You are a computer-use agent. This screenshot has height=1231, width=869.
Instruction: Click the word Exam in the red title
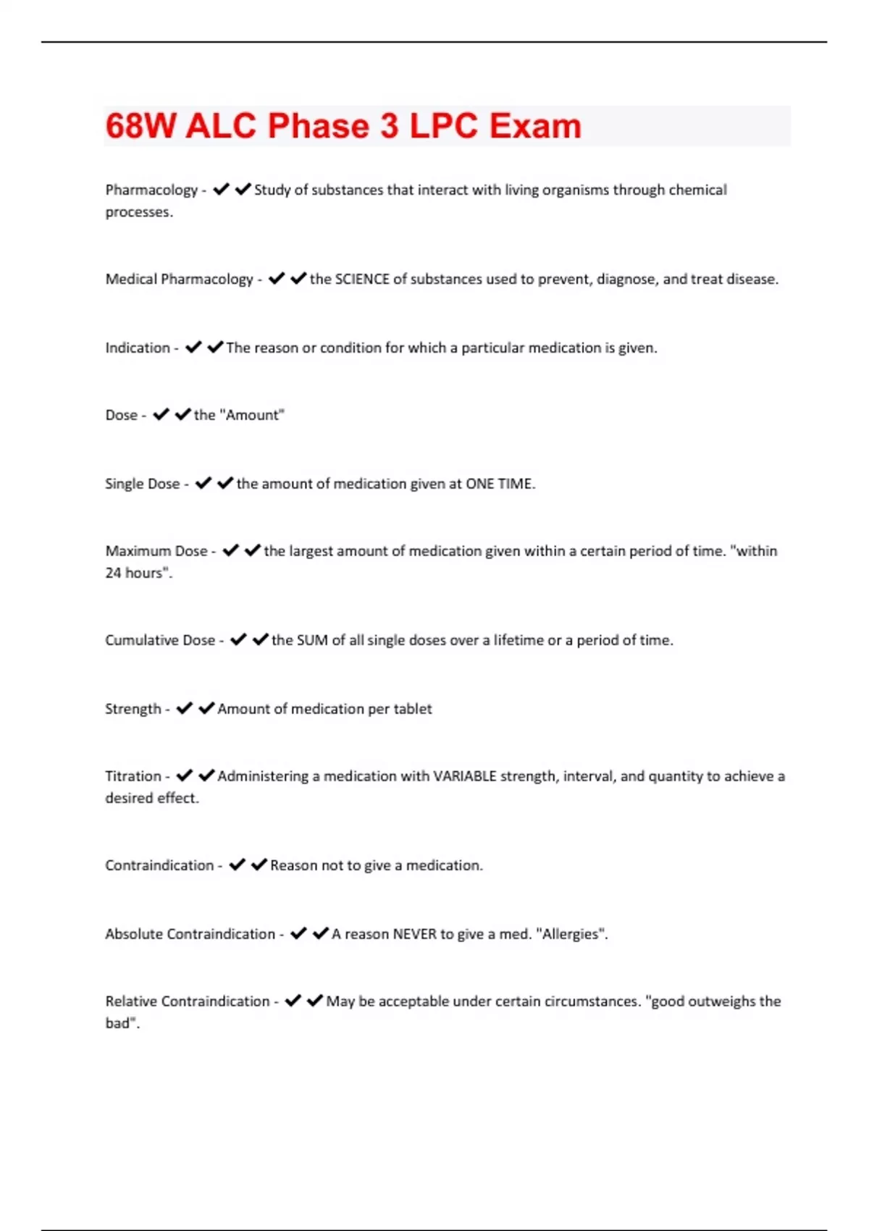535,126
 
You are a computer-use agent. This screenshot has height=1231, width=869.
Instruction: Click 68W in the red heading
140,126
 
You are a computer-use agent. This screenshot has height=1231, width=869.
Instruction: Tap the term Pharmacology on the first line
151,190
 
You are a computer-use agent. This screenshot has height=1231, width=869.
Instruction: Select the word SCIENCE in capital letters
362,279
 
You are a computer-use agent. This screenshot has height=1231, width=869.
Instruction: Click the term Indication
138,348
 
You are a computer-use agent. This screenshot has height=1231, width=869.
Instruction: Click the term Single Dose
142,484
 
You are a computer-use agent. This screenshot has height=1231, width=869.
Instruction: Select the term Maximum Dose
156,551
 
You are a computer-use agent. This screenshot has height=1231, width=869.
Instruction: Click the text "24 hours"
138,573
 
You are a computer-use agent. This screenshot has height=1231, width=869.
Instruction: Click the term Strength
133,709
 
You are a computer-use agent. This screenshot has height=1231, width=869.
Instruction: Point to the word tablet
413,709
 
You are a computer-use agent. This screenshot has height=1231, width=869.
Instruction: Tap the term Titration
133,776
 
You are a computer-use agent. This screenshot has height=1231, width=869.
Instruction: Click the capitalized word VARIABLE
464,776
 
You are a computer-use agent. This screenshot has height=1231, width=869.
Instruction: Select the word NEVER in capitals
414,934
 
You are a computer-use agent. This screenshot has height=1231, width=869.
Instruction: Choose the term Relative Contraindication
188,1001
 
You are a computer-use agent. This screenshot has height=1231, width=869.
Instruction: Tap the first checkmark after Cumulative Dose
238,640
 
